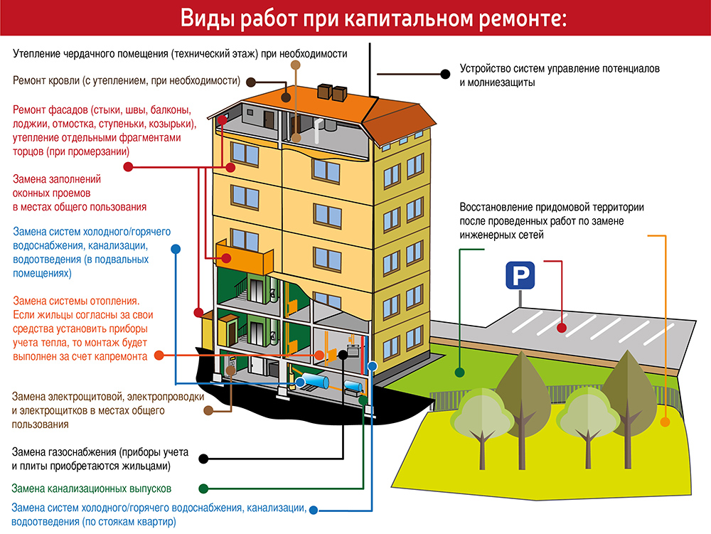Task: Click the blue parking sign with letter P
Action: point(520,275)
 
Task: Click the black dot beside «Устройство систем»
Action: point(445,74)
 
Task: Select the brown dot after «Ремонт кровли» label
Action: point(250,82)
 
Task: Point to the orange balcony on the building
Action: point(244,257)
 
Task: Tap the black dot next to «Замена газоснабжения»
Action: point(203,459)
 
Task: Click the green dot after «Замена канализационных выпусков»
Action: point(203,488)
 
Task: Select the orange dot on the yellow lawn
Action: point(665,422)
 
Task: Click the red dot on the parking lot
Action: point(562,328)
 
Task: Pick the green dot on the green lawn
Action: point(460,373)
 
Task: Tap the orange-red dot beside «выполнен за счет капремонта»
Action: point(159,356)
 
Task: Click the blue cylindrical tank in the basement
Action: point(314,381)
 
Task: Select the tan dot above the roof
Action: point(295,65)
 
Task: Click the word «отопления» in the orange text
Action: point(113,301)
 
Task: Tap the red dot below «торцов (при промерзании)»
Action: point(128,167)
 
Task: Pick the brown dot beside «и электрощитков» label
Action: point(208,411)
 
